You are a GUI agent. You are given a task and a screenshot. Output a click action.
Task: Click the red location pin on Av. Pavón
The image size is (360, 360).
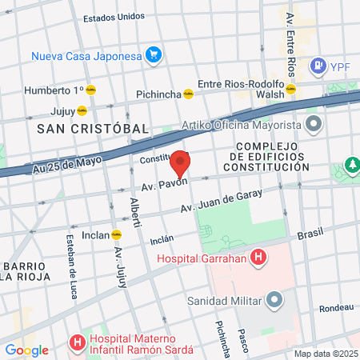[x=181, y=162]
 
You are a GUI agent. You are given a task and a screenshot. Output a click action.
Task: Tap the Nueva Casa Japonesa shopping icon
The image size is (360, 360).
[x=154, y=56]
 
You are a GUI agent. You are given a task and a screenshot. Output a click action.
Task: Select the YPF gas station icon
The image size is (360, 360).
[x=318, y=64]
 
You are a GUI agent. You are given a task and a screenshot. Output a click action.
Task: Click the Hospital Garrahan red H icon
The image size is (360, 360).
[x=258, y=258]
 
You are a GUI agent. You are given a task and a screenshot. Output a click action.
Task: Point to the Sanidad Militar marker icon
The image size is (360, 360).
[x=275, y=301]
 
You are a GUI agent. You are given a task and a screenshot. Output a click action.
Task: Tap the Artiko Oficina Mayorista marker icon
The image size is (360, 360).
[x=313, y=125]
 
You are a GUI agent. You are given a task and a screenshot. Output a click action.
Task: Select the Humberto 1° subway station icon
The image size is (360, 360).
[x=91, y=90]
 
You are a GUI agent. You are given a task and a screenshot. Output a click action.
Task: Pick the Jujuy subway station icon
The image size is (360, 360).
[x=82, y=110]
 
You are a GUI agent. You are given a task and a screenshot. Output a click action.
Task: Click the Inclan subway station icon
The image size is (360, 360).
[x=117, y=235]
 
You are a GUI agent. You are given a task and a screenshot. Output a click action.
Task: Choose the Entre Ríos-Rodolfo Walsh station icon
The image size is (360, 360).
[x=293, y=89]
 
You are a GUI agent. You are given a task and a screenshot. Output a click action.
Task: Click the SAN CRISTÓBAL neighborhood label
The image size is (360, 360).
[x=93, y=128]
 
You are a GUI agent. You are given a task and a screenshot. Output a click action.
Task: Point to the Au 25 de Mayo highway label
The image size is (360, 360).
[x=70, y=163]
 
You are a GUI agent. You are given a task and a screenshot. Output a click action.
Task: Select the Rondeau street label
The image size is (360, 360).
[x=335, y=307]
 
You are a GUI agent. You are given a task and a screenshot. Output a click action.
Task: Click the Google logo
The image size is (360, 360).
[x=26, y=350]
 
